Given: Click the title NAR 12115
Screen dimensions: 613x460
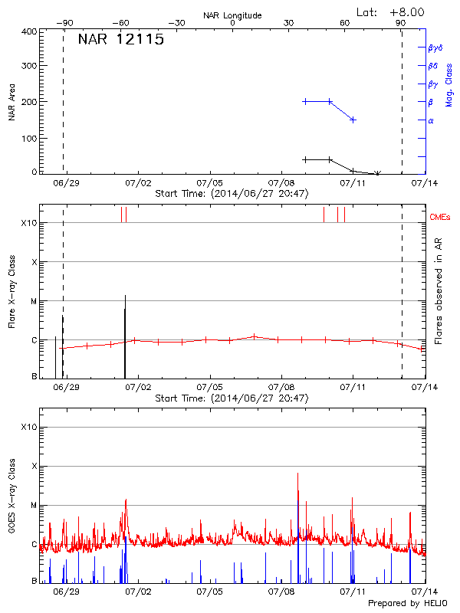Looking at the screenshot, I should [120, 41].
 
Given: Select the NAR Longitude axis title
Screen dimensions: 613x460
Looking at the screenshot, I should [232, 15].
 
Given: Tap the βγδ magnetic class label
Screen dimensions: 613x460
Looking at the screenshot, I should [435, 48].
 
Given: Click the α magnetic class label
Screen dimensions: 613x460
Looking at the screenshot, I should [430, 120].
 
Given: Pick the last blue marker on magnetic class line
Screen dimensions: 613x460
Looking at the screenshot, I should [353, 120].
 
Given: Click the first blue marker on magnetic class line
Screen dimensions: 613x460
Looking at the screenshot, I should [305, 101].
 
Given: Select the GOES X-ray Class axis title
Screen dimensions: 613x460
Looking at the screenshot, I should [11, 498].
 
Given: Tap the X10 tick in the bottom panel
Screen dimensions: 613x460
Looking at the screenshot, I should [28, 427].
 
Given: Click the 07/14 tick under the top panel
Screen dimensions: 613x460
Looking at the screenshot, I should [424, 184].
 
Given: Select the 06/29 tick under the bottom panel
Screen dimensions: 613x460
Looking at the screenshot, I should [66, 592].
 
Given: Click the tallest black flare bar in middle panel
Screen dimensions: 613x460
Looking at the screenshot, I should [125, 337].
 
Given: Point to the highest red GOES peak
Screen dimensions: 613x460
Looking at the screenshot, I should [297, 474].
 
